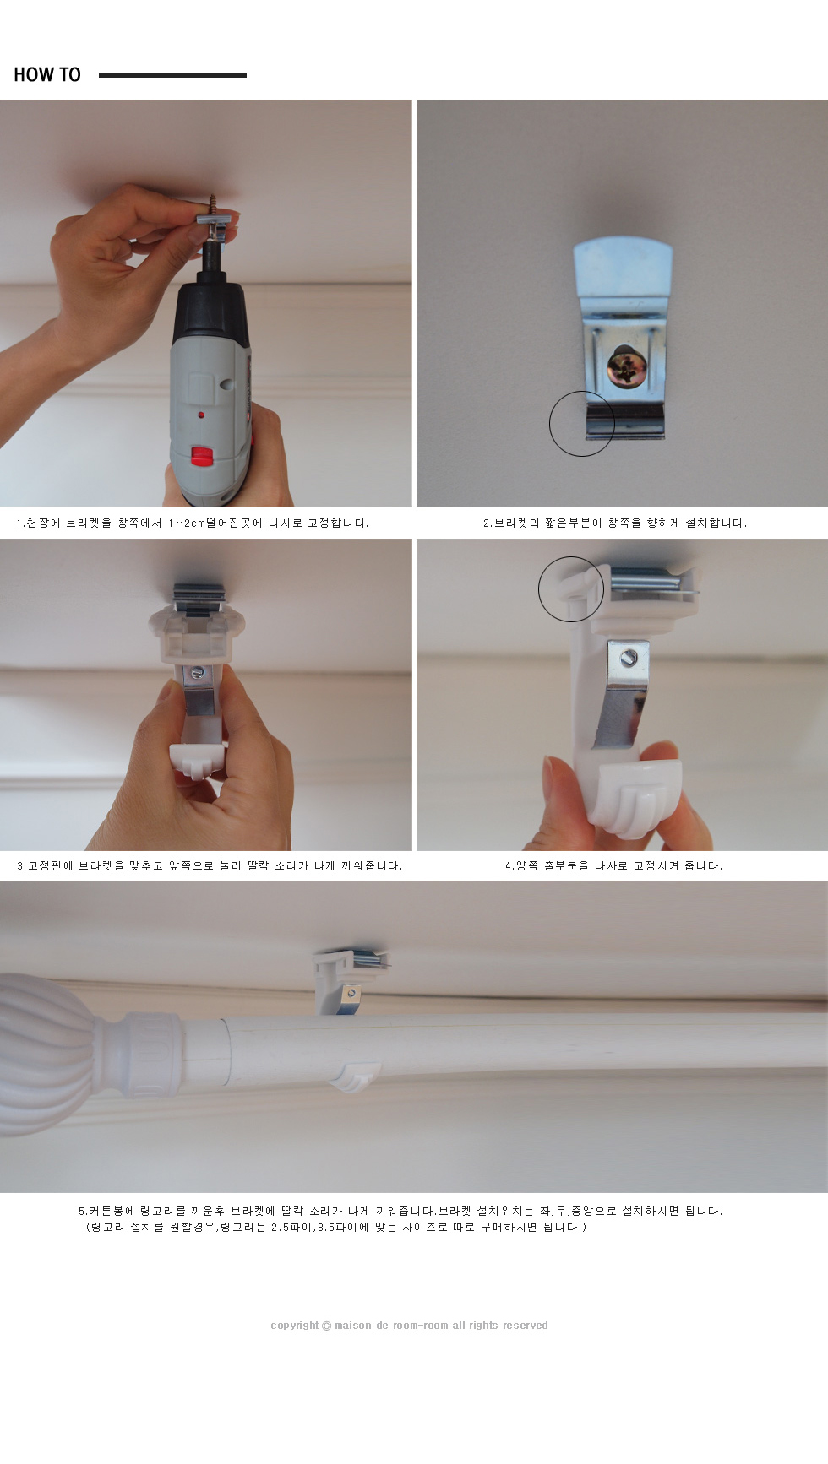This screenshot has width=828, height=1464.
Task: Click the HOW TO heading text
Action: pyautogui.click(x=47, y=74)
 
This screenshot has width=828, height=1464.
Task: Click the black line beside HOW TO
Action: pyautogui.click(x=172, y=75)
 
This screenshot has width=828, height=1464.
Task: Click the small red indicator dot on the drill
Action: pyautogui.click(x=201, y=415)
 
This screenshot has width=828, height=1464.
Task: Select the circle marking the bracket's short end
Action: pyautogui.click(x=582, y=424)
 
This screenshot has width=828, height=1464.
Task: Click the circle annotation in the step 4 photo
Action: pyautogui.click(x=571, y=589)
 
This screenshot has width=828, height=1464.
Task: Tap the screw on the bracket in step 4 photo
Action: pyautogui.click(x=629, y=656)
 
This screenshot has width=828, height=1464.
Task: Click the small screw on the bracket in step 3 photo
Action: pyautogui.click(x=195, y=674)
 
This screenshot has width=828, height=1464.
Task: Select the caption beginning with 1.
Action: pyautogui.click(x=193, y=523)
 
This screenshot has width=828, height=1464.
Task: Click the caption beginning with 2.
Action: pyautogui.click(x=615, y=523)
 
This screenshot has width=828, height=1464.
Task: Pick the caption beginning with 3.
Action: pyautogui.click(x=210, y=866)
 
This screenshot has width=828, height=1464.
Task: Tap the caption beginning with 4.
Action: pyautogui.click(x=614, y=866)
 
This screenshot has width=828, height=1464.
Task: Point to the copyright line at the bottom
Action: pyautogui.click(x=409, y=1326)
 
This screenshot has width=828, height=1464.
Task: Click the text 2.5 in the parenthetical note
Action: pyautogui.click(x=282, y=1228)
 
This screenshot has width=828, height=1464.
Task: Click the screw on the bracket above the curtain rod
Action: pyautogui.click(x=351, y=993)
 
